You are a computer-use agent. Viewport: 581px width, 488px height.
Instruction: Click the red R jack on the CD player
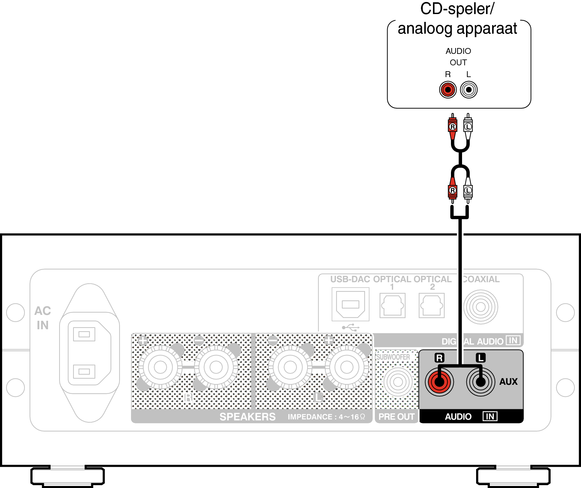(x=448, y=89)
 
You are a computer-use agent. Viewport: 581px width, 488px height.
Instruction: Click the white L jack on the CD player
(x=469, y=89)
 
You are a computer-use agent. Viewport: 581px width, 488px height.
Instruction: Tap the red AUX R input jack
(x=439, y=382)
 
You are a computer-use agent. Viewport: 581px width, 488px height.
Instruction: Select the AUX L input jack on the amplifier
(x=480, y=382)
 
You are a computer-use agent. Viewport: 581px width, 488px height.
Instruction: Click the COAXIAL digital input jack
(x=480, y=307)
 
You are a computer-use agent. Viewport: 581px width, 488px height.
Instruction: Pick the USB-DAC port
(x=350, y=304)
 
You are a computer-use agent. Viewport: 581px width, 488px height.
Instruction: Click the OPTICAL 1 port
(x=392, y=305)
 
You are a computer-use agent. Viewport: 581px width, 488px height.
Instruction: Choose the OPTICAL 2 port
(x=431, y=305)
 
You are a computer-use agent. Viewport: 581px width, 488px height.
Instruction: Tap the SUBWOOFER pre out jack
(x=398, y=382)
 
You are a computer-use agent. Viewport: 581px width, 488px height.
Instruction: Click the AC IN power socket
(x=89, y=353)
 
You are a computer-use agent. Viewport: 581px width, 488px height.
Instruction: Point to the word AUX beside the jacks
(x=508, y=382)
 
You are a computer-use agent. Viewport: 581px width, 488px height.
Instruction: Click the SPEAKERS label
(x=247, y=417)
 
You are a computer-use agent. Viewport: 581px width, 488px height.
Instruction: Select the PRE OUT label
(x=396, y=417)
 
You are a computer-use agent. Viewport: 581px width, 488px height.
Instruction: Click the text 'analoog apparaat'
(x=457, y=29)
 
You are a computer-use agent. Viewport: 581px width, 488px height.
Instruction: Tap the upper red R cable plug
(x=452, y=126)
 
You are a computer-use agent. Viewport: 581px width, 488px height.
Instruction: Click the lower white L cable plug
(x=468, y=190)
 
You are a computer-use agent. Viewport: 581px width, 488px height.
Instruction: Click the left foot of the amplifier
(x=67, y=476)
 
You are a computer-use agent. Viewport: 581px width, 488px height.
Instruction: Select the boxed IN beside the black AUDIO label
(x=490, y=416)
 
